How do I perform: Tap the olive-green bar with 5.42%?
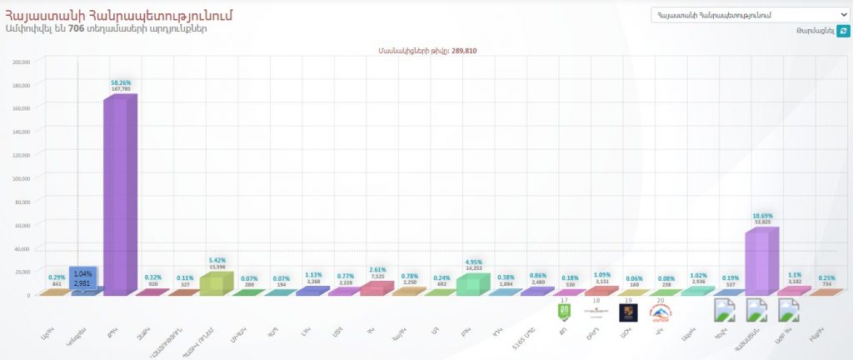(x=212, y=282)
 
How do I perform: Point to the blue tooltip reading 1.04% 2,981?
(x=82, y=277)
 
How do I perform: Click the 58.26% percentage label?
(x=121, y=82)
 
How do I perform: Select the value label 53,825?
(x=763, y=222)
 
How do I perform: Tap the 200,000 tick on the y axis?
(x=22, y=62)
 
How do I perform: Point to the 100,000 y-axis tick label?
(x=22, y=178)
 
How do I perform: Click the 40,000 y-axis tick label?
(x=22, y=248)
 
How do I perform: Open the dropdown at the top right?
(x=749, y=15)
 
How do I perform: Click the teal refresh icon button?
(x=843, y=31)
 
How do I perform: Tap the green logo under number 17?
(x=564, y=312)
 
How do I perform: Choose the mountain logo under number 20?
(x=660, y=312)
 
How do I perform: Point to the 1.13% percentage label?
(x=313, y=272)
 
